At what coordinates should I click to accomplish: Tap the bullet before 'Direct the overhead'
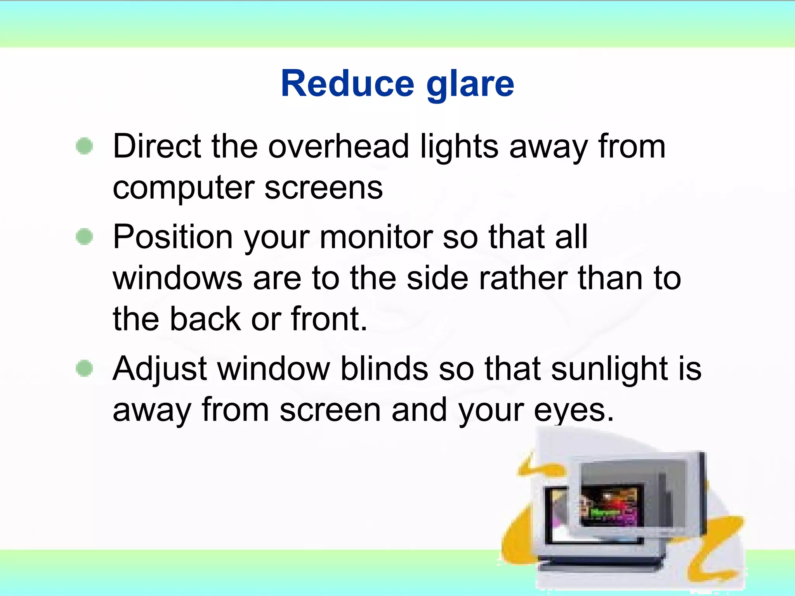coord(85,146)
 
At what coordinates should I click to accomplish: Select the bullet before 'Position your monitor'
coord(85,237)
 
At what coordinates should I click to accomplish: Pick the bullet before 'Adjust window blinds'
coord(85,368)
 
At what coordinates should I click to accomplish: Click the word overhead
coord(338,147)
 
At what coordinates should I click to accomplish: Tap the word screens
coord(324,188)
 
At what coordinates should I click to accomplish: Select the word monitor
coord(376,237)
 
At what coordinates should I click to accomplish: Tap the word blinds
coord(384,369)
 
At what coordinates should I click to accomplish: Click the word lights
coord(459,147)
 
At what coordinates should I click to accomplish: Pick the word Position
coord(173,237)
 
